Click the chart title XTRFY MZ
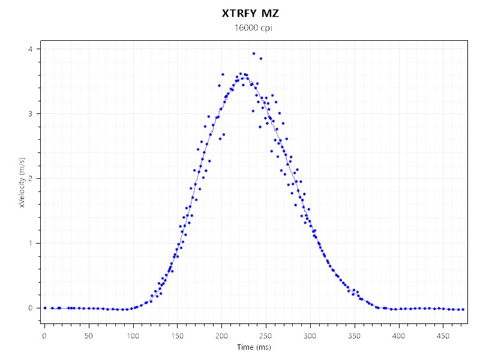point(251,13)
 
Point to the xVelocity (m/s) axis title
point(22,182)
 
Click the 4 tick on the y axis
point(31,49)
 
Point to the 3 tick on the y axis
point(31,113)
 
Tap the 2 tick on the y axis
point(31,178)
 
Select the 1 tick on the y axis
point(31,243)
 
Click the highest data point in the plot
point(254,53)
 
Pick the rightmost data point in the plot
point(463,309)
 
